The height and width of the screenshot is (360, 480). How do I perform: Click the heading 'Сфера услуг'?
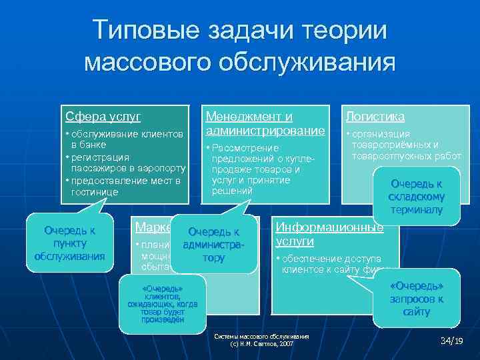tap(103, 116)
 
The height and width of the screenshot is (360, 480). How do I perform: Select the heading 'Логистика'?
tap(375, 116)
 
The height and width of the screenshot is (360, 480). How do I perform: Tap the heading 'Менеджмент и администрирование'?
tap(265, 122)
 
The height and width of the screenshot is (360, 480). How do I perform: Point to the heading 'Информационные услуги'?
tap(329, 233)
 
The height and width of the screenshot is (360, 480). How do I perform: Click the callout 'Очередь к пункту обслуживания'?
tap(69, 243)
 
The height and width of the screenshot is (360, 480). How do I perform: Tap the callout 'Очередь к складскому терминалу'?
tap(416, 197)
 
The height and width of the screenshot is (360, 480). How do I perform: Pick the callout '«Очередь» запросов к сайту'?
tap(416, 299)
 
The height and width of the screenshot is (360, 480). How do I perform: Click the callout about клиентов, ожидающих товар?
tap(162, 303)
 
